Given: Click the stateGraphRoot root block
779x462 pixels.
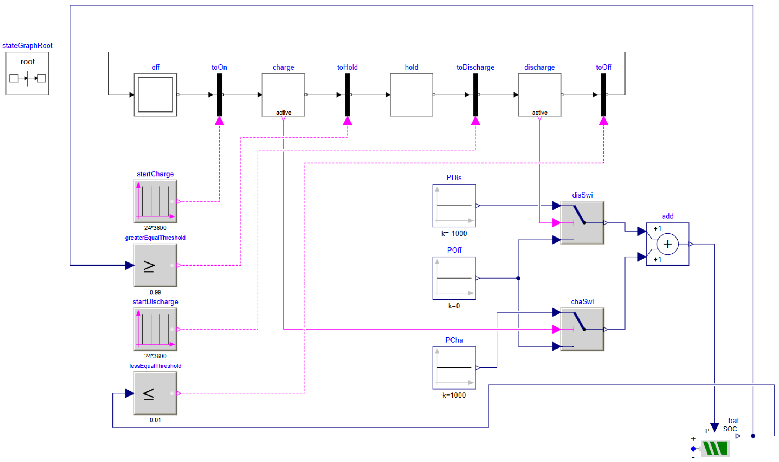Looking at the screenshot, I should coord(27,74).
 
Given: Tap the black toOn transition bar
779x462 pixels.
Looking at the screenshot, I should coord(219,95).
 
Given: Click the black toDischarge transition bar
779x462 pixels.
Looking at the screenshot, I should coord(475,95).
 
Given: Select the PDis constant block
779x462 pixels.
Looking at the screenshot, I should coord(454,205).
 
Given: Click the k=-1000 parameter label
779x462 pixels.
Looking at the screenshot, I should coord(454,234).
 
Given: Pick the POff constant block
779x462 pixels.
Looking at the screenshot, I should coord(454,278).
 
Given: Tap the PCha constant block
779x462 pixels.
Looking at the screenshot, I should coord(454,367).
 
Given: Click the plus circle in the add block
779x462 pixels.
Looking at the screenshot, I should coord(667,244).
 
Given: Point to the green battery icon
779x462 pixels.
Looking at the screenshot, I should coord(715,449).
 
